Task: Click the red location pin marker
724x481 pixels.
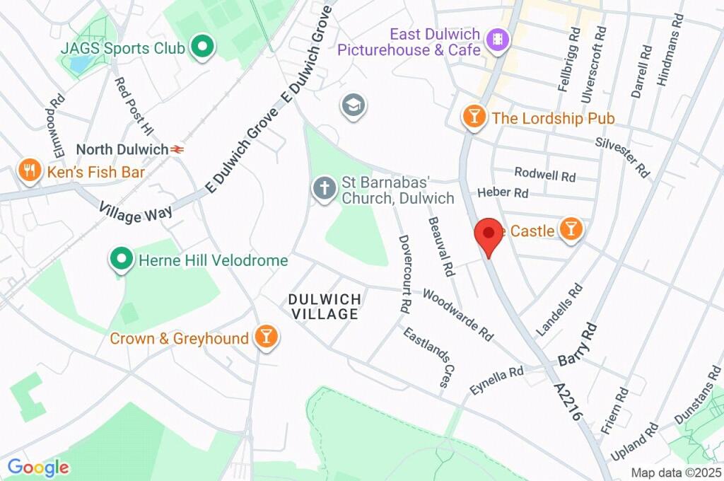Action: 488,236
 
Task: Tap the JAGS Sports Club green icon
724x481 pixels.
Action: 204,48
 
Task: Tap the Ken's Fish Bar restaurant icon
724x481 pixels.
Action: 29,171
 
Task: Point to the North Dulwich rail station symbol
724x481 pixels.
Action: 177,149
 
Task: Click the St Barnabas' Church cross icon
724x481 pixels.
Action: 325,190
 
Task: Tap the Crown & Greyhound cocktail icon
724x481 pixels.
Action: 266,337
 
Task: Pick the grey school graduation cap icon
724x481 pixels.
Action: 352,106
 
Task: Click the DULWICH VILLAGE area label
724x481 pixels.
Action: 325,306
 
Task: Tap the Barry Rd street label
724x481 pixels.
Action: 578,345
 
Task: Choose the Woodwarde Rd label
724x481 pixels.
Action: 457,314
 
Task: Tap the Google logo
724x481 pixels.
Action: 38,467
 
